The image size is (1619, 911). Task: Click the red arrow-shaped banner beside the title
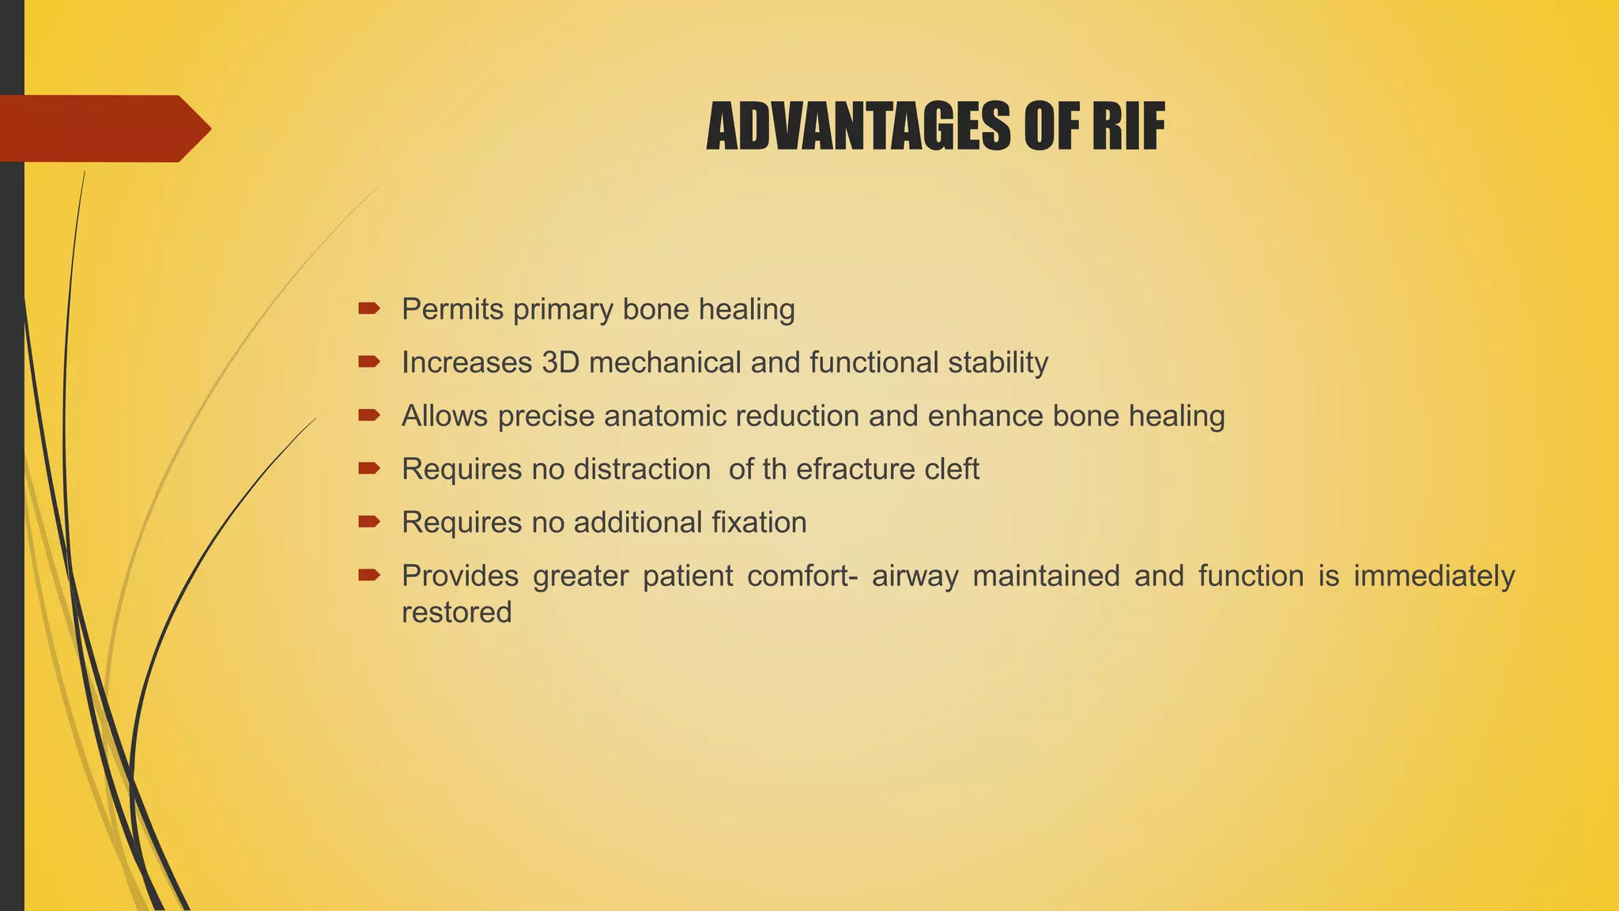coord(103,128)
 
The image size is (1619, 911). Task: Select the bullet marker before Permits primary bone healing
coord(368,308)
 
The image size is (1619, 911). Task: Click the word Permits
coord(452,309)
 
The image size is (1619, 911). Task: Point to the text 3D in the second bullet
coord(560,362)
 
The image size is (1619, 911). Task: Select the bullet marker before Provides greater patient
coord(368,575)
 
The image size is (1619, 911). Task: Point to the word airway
coord(915,576)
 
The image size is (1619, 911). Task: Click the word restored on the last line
coord(456,612)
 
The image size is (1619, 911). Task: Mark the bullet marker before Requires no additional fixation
coord(368,521)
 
